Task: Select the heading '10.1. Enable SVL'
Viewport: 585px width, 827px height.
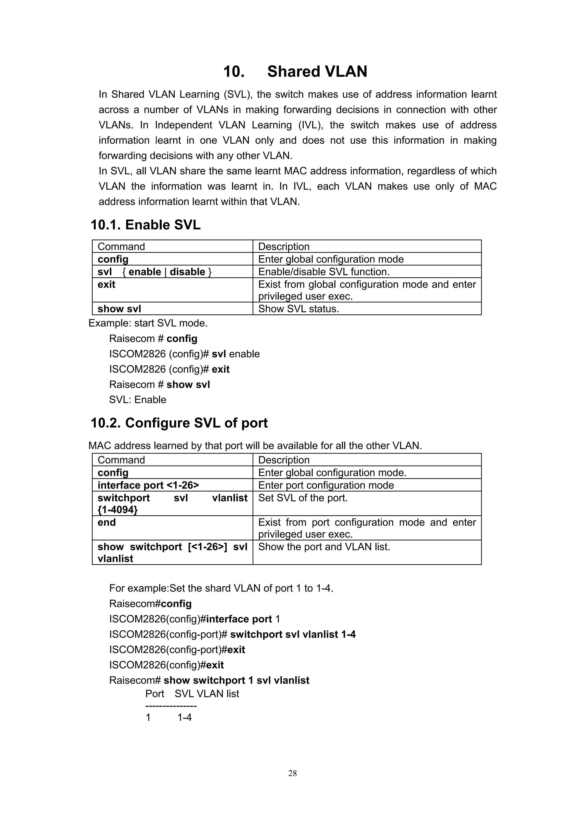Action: [145, 225]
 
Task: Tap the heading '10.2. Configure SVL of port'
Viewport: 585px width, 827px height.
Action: [179, 423]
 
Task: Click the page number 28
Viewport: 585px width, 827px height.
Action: [292, 773]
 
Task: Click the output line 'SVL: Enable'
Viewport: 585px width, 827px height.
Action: [138, 400]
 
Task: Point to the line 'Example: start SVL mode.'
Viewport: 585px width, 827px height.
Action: [148, 323]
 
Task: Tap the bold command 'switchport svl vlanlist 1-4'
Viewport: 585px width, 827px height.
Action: [293, 634]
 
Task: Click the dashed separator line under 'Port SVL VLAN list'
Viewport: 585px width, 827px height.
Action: [171, 706]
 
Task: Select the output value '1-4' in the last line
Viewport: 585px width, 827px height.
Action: [185, 717]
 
